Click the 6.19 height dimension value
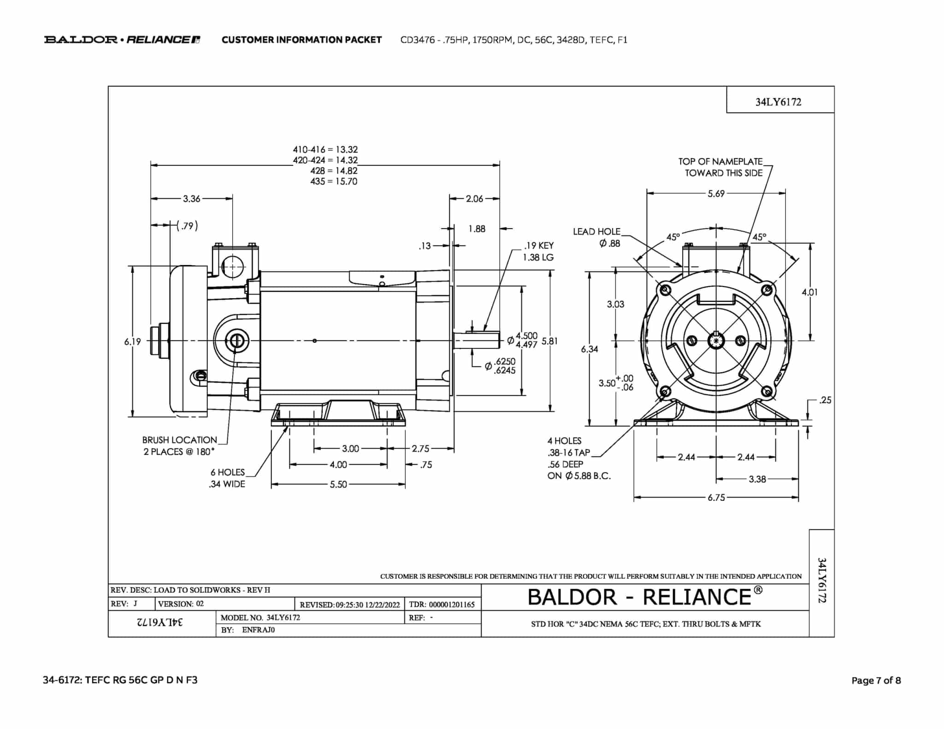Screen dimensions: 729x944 click(132, 341)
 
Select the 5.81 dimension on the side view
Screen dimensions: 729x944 click(549, 341)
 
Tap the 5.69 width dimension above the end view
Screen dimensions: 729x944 click(716, 194)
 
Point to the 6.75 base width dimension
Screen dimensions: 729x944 click(716, 498)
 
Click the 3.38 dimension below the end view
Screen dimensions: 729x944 click(757, 479)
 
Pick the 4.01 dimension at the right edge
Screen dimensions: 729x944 click(809, 292)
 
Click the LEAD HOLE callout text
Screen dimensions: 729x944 click(597, 232)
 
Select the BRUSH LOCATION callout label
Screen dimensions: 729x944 click(179, 440)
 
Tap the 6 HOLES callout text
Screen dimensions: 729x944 click(228, 472)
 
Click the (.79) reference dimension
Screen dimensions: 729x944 click(188, 226)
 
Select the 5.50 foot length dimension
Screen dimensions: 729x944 click(338, 485)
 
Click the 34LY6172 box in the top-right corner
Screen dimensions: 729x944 click(778, 102)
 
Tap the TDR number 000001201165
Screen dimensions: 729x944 click(452, 605)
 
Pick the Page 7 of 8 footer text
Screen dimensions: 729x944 click(876, 681)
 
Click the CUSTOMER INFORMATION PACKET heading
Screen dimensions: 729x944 click(301, 40)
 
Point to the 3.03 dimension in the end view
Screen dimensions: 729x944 click(615, 304)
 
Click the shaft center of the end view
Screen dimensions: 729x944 click(716, 341)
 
